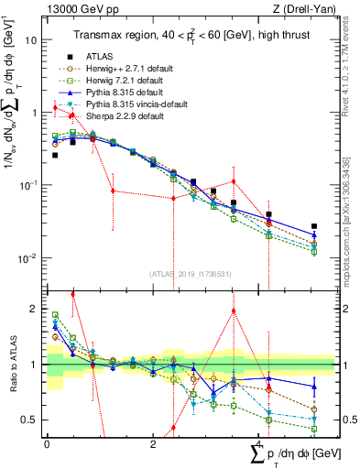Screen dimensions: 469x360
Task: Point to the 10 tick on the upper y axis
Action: [32, 40]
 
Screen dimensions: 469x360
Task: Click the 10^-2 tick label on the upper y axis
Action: [27, 257]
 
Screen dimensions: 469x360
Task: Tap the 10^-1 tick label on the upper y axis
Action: [27, 185]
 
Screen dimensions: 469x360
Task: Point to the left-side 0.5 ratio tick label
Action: [31, 420]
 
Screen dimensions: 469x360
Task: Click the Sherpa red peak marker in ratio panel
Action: [234, 311]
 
